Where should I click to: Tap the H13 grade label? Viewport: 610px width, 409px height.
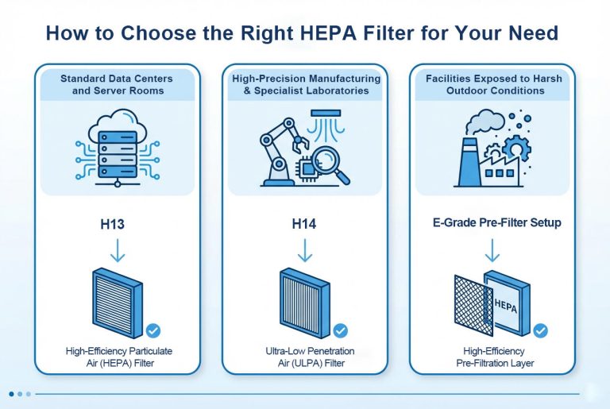pyautogui.click(x=113, y=224)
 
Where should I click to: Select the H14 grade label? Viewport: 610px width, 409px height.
pyautogui.click(x=304, y=224)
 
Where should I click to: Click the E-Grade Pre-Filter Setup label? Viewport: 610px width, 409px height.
pyautogui.click(x=496, y=222)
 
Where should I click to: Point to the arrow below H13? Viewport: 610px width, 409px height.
pyautogui.click(x=118, y=251)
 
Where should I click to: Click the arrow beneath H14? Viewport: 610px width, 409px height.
pyautogui.click(x=305, y=251)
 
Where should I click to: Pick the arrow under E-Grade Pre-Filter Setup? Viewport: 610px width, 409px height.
pyautogui.click(x=492, y=251)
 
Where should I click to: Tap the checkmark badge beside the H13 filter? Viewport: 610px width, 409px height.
pyautogui.click(x=153, y=331)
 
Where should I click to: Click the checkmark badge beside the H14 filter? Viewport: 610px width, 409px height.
pyautogui.click(x=341, y=331)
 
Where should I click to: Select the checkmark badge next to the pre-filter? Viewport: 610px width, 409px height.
pyautogui.click(x=540, y=331)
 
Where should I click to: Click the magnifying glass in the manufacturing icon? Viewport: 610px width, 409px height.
pyautogui.click(x=330, y=164)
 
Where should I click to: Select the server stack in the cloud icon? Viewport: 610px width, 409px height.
pyautogui.click(x=118, y=155)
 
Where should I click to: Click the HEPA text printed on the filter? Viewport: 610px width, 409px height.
pyautogui.click(x=506, y=306)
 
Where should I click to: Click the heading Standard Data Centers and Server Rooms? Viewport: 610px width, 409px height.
pyautogui.click(x=117, y=84)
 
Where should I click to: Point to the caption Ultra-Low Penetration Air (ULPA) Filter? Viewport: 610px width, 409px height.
pyautogui.click(x=311, y=357)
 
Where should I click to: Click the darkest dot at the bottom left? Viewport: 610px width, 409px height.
pyautogui.click(x=11, y=394)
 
